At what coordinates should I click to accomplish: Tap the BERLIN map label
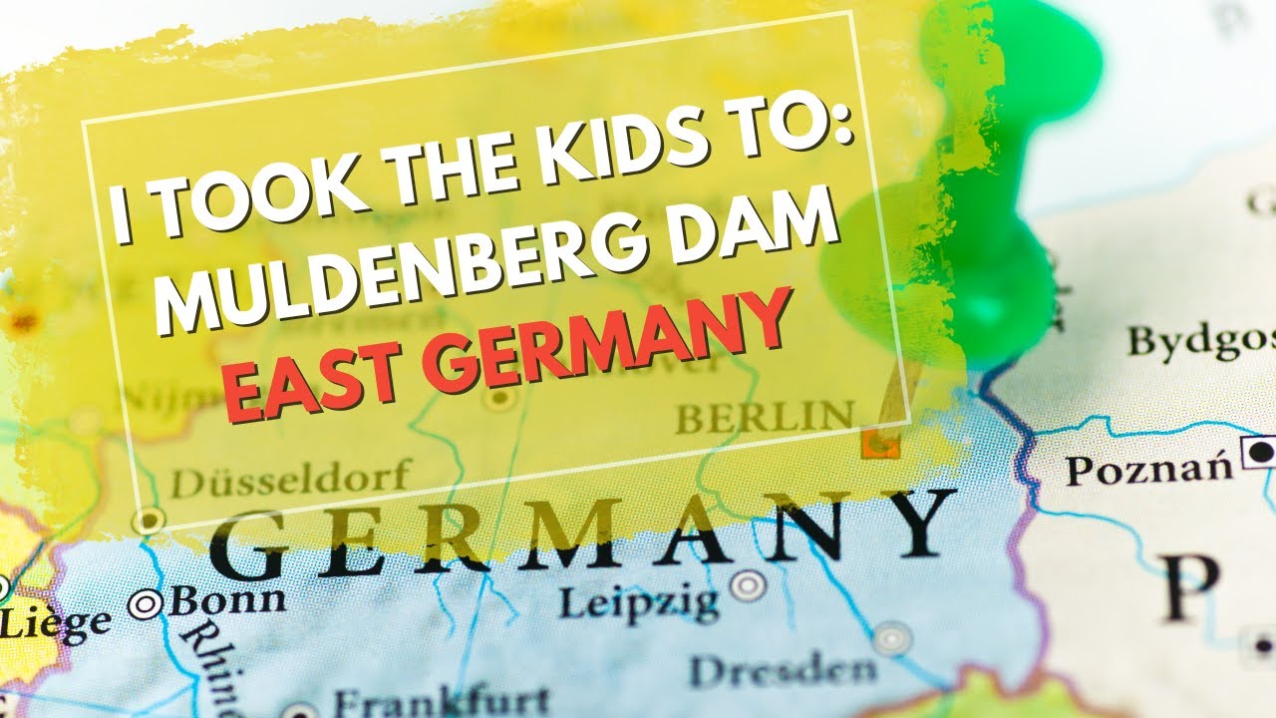[x=766, y=416]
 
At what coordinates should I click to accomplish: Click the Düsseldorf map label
[x=289, y=481]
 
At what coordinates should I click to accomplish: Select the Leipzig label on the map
[x=638, y=601]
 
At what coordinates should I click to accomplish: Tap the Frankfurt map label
[x=442, y=699]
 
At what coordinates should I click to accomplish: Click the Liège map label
[x=55, y=624]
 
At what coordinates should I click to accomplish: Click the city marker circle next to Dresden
[x=891, y=638]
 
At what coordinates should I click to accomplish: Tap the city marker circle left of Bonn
[x=147, y=603]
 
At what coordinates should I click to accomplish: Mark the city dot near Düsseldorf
[x=150, y=520]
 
